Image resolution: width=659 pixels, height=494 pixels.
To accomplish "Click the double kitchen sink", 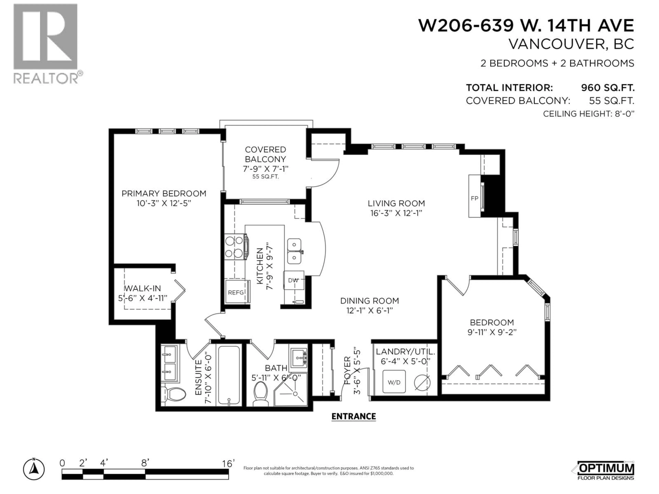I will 294,251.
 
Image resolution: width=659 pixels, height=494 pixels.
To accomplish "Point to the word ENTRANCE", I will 354,416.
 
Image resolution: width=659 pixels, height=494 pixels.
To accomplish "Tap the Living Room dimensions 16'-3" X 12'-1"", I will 396,213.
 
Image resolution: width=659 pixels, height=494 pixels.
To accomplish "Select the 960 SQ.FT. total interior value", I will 608,88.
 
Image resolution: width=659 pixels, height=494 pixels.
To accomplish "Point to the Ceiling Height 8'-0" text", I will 588,114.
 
